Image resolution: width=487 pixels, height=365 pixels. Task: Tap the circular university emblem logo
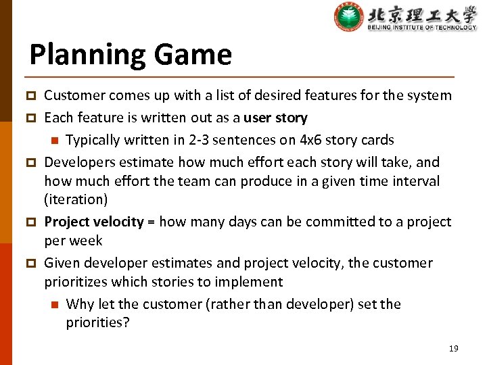[349, 17]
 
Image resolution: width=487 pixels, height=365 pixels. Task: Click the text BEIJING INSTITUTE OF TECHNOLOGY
[422, 28]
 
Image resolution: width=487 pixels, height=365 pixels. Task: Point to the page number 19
[453, 348]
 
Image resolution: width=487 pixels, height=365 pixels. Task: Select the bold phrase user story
[275, 118]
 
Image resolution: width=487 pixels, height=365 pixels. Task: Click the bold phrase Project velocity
[94, 222]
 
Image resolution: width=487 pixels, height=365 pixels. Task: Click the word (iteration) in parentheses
[75, 200]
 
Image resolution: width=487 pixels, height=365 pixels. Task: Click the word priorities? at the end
[97, 323]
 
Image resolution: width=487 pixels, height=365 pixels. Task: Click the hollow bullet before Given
[31, 264]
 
